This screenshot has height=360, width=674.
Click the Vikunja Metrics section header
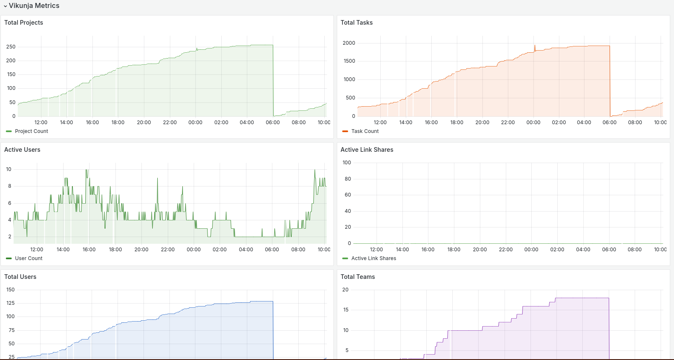click(34, 5)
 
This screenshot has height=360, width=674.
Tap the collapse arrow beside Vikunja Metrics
click(5, 6)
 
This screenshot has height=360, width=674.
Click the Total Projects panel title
click(23, 23)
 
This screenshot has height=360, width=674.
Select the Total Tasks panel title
click(356, 23)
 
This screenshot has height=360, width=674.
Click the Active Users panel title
click(22, 149)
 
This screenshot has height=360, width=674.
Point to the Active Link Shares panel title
click(367, 149)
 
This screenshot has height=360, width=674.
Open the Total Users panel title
click(20, 277)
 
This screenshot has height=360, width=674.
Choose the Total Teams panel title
click(358, 277)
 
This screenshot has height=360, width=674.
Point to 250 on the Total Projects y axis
click(11, 46)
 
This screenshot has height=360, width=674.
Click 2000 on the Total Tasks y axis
click(349, 43)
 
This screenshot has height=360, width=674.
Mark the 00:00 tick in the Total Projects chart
click(195, 123)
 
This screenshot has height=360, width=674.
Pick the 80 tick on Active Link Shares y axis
click(348, 179)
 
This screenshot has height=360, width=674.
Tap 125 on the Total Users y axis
click(10, 303)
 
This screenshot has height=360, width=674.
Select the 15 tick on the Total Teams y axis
click(346, 310)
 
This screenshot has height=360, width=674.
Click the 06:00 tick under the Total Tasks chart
click(609, 123)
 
